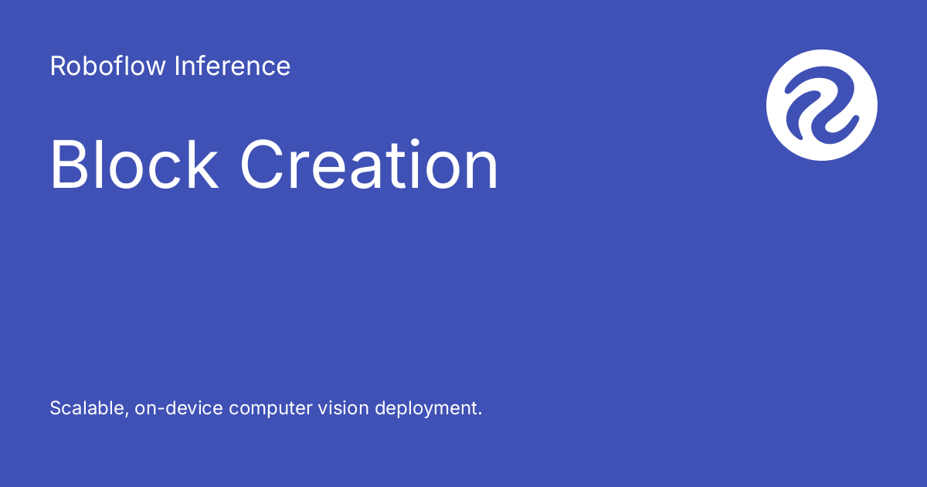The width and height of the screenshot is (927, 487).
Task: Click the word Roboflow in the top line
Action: [108, 66]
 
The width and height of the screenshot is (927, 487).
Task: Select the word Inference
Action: [233, 66]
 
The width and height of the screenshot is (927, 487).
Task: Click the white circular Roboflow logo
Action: [822, 105]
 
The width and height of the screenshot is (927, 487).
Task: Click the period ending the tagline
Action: [480, 414]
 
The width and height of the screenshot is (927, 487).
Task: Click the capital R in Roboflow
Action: [58, 66]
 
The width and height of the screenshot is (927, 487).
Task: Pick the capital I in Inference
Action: [177, 66]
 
